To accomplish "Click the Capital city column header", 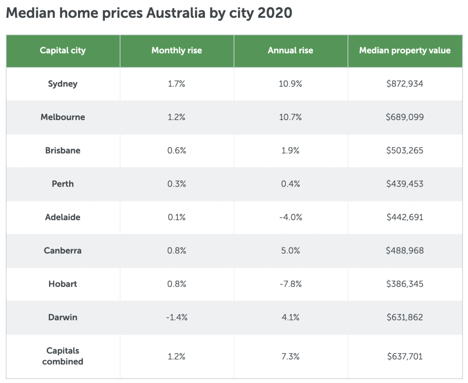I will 63,51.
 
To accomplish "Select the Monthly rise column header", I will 177,51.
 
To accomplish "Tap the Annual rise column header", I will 290,51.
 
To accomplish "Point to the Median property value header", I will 405,51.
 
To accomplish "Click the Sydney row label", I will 63,84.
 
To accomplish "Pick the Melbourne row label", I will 63,117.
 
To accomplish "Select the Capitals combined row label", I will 63,356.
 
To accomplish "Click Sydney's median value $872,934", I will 405,84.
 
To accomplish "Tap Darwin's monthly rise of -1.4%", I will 177,317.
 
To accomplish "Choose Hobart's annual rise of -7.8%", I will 290,284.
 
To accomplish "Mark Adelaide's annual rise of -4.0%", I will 290,217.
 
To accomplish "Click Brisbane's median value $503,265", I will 405,150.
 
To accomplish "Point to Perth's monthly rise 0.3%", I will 177,184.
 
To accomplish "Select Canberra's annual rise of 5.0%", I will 290,250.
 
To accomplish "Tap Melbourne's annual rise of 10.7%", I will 290,117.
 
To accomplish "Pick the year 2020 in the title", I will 275,13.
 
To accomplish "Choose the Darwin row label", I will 63,317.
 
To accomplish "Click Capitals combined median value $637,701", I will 405,356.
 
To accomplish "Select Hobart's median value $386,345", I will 405,284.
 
